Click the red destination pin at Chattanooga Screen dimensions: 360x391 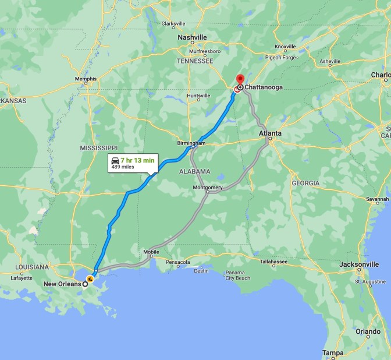click(x=239, y=80)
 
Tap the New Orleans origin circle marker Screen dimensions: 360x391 click(x=86, y=285)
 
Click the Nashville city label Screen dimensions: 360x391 click(x=192, y=37)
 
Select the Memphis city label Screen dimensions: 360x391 click(x=86, y=79)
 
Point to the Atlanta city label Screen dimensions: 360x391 click(x=270, y=134)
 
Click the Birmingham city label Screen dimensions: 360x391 click(x=191, y=143)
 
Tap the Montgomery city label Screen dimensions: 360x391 click(x=207, y=188)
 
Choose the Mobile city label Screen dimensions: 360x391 click(x=151, y=252)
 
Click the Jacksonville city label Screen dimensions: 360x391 click(x=360, y=264)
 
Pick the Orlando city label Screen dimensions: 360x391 click(x=368, y=331)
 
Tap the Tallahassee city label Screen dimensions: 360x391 click(x=275, y=262)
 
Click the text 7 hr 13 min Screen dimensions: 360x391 click(x=137, y=160)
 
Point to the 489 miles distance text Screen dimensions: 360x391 click(x=123, y=167)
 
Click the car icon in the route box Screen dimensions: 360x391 click(x=115, y=160)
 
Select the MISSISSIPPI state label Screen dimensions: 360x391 click(x=99, y=148)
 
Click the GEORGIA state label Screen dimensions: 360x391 click(x=305, y=183)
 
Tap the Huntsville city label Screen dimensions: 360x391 click(x=198, y=96)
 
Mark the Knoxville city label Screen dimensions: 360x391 click(x=285, y=47)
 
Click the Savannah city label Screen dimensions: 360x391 click(x=377, y=199)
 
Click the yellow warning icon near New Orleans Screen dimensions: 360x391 click(x=90, y=278)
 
